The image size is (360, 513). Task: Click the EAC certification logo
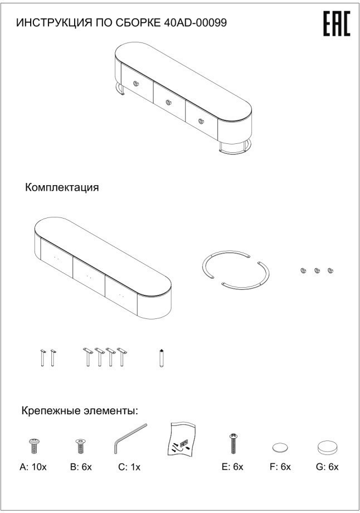(337, 24)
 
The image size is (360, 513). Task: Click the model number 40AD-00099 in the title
(196, 23)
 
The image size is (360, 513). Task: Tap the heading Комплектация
(62, 187)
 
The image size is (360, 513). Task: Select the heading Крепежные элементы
(80, 411)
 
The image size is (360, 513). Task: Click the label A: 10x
(33, 467)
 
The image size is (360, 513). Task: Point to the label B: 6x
(81, 467)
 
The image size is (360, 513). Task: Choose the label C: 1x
(129, 467)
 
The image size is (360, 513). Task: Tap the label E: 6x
(232, 467)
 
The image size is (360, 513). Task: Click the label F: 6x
(280, 467)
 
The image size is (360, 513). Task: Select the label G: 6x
(327, 467)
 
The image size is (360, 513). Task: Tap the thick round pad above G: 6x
(327, 447)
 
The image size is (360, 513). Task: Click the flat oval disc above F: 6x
(280, 447)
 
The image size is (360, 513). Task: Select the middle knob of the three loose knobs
(317, 270)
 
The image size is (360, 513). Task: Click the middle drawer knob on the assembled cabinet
(168, 101)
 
